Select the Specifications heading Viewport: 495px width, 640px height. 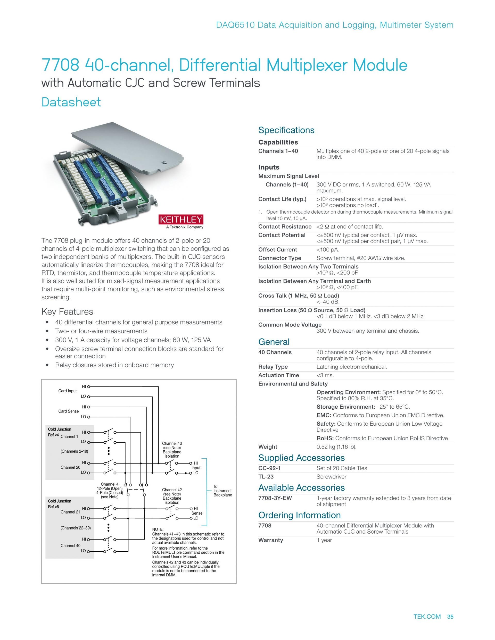point(286,130)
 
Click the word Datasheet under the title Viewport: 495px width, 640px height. point(71,102)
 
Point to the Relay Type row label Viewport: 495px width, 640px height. point(273,367)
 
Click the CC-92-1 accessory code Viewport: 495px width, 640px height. point(269,468)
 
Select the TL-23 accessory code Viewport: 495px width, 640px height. point(266,477)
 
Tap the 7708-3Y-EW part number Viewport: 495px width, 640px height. point(275,498)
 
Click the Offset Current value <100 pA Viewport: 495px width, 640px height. point(328,250)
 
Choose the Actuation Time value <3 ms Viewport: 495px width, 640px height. point(325,375)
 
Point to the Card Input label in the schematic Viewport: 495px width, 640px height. point(68,391)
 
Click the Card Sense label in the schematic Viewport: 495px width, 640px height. point(68,411)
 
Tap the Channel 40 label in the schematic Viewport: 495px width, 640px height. point(70,546)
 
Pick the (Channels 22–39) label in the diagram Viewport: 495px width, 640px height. point(76,528)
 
